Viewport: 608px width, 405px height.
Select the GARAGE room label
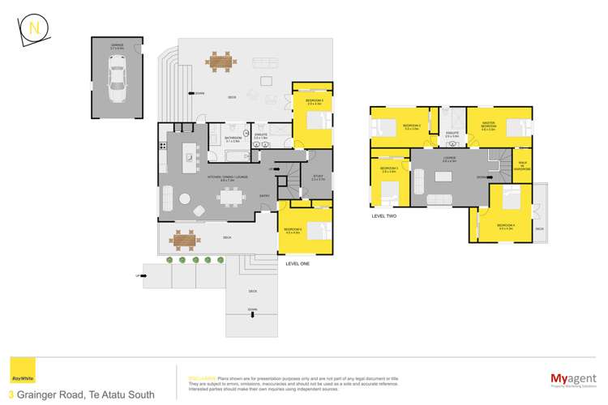pyautogui.click(x=118, y=47)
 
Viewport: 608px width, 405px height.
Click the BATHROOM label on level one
pyautogui.click(x=231, y=139)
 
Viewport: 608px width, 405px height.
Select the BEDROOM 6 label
pyautogui.click(x=293, y=230)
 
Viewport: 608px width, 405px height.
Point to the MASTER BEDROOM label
pyautogui.click(x=488, y=126)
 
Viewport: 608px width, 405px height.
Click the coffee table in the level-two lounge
pyautogui.click(x=443, y=176)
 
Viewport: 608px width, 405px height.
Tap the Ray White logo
pyautogui.click(x=17, y=377)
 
